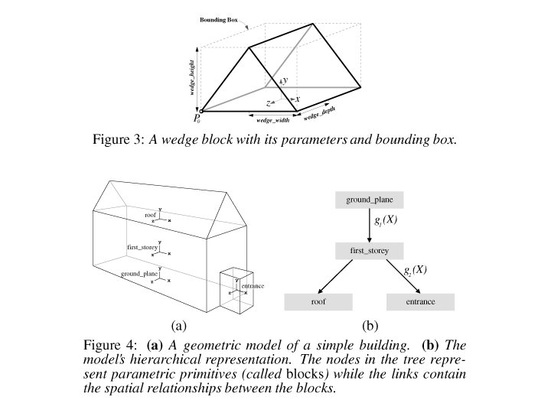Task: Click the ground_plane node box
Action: (369, 201)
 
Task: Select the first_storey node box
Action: (369, 250)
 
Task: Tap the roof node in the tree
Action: (318, 302)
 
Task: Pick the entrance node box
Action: (420, 302)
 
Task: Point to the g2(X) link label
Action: (416, 269)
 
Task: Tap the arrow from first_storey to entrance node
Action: (393, 275)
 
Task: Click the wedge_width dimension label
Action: (273, 120)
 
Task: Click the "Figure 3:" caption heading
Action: (119, 139)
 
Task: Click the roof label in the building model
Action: (150, 216)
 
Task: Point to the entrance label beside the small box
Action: (253, 286)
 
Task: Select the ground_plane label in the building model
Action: (139, 273)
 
